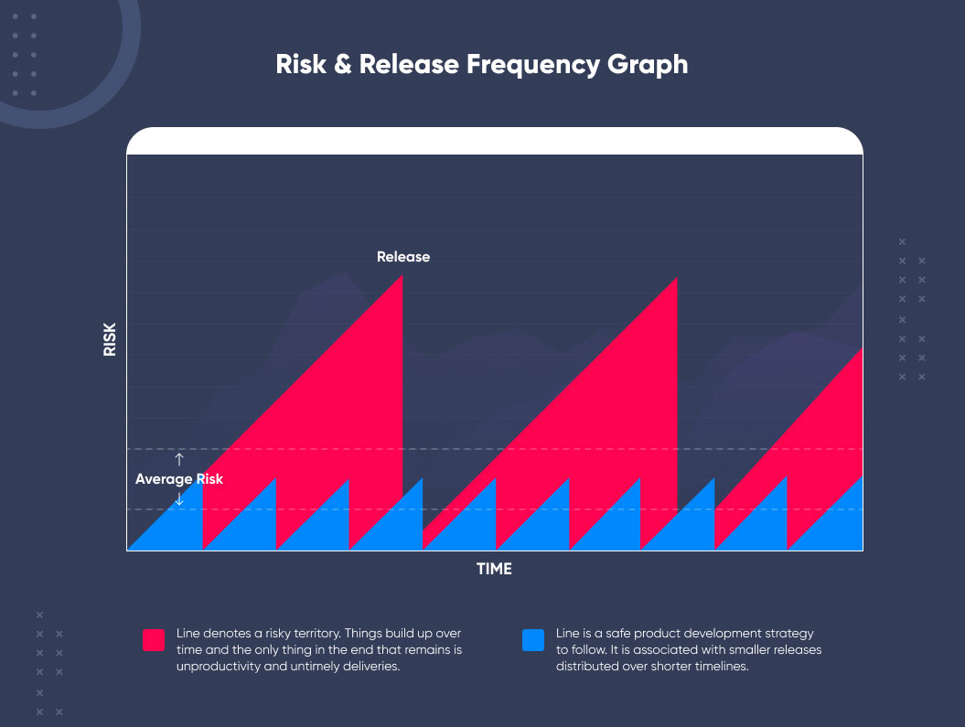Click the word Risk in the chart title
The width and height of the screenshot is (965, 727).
coord(301,65)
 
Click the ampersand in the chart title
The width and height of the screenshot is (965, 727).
coord(343,65)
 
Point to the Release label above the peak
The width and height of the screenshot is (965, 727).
coord(403,256)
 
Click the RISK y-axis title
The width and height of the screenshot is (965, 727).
coord(110,339)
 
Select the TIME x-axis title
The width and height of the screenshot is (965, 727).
coord(494,569)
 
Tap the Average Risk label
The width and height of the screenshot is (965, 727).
coord(179,479)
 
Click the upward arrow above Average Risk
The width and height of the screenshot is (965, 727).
coord(179,459)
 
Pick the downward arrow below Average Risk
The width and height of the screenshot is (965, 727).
coord(179,498)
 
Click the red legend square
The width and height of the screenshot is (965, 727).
coord(154,639)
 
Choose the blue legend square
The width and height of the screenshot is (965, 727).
coord(533,639)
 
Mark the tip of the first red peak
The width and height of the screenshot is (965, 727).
coord(402,275)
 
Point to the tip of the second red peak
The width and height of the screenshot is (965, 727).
coord(677,277)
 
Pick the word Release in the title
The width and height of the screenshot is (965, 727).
coord(409,65)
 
